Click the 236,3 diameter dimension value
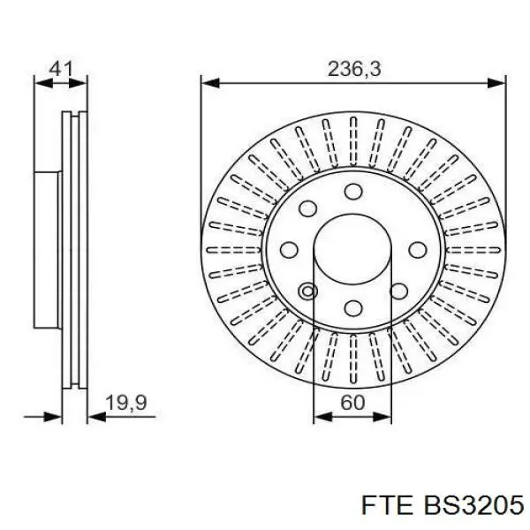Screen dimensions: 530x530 tap(353, 68)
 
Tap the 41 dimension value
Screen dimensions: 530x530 tap(60, 67)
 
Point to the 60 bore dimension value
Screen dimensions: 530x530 tap(352, 403)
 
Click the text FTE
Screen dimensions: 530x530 tap(382, 504)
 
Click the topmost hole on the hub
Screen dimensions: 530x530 tap(353, 192)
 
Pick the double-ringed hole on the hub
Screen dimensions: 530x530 tap(308, 291)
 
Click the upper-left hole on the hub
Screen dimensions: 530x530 tap(308, 208)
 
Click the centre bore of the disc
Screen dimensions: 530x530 tap(353, 250)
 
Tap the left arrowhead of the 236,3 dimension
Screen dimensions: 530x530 tap(208, 83)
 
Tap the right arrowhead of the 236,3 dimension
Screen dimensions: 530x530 tap(500, 83)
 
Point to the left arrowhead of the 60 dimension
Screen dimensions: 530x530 tap(320, 413)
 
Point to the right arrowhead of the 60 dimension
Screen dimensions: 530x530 tap(386, 413)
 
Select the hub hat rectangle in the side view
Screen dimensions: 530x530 tap(47, 250)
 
